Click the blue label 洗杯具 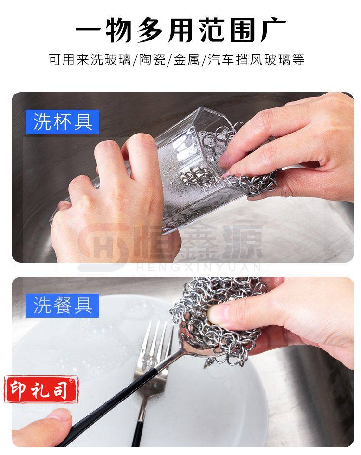62,122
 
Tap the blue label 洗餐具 62,305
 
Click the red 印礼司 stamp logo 41,389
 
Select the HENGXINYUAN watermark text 199,267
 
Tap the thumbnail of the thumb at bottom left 59,415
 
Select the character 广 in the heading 273,30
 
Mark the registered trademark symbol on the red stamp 71,380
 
